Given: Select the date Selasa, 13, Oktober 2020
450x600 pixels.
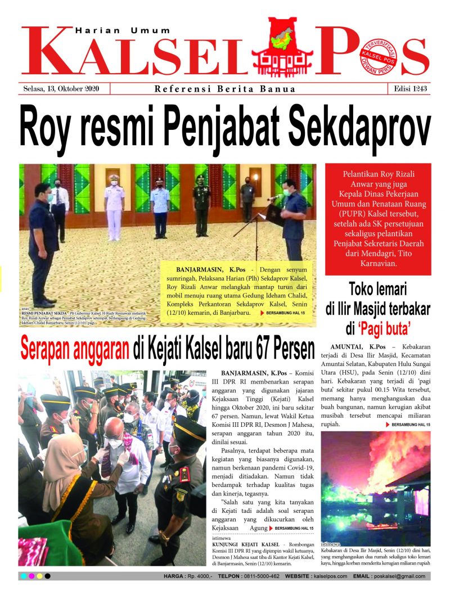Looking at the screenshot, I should [62, 89].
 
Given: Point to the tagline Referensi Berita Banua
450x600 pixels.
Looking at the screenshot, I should [225, 89].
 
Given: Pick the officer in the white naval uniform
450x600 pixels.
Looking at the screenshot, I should [115, 205].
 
